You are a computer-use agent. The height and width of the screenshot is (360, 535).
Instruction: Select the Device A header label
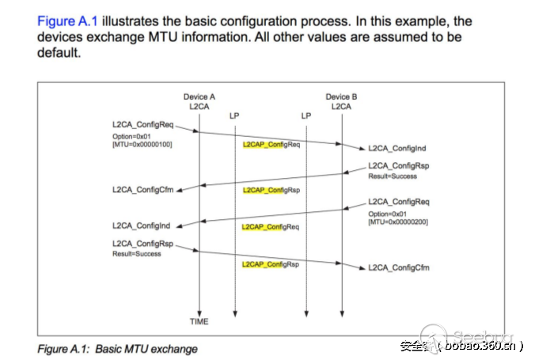(x=199, y=97)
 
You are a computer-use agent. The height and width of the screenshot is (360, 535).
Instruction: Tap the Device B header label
(x=341, y=97)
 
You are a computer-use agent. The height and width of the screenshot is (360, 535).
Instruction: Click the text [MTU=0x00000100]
(x=143, y=144)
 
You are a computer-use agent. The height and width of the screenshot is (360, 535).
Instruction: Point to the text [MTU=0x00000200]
(x=398, y=222)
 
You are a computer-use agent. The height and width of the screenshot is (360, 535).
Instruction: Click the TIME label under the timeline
(x=199, y=322)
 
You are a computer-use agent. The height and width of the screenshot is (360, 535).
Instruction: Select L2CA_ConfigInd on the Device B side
(x=398, y=149)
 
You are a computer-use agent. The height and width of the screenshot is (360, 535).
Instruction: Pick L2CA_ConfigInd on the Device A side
(x=142, y=225)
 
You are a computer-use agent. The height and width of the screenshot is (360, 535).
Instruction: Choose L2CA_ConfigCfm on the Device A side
(x=142, y=190)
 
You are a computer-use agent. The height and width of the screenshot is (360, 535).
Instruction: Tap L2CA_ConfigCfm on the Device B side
(x=399, y=267)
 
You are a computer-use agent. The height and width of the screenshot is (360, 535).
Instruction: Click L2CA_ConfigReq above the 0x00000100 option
(x=142, y=125)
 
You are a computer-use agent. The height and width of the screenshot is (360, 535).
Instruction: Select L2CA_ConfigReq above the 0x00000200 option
(x=399, y=202)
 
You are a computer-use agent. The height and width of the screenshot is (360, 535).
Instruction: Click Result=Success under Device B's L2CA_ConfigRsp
(x=393, y=176)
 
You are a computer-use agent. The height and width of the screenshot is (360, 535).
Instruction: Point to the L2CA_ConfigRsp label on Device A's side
(x=142, y=244)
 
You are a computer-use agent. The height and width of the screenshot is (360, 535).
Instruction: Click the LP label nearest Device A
(x=234, y=115)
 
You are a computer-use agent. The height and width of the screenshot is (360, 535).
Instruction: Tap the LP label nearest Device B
(x=306, y=115)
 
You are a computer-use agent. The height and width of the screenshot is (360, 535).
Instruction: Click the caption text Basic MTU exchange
(x=146, y=348)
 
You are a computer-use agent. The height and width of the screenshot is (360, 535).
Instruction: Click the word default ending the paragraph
(x=59, y=52)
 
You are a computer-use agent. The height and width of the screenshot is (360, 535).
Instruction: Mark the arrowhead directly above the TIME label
(x=199, y=311)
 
